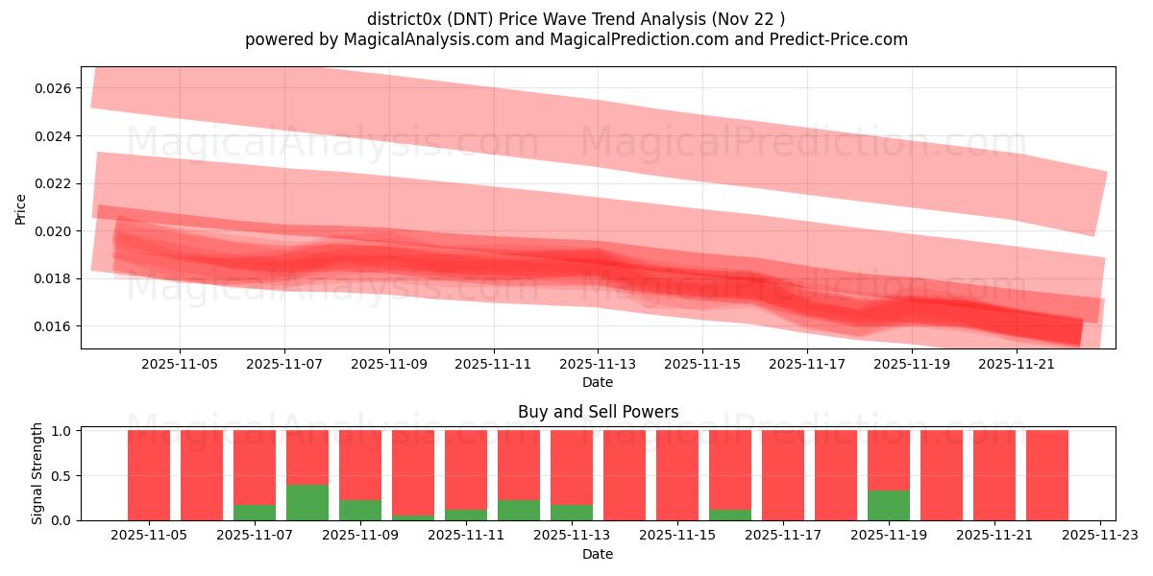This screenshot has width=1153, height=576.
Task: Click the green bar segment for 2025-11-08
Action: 307,502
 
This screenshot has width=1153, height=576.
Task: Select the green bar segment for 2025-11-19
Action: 889,505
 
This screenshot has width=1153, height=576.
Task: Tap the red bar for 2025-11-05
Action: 149,475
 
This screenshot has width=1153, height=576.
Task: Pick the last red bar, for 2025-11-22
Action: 1047,475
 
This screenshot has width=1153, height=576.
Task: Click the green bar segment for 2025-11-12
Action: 519,510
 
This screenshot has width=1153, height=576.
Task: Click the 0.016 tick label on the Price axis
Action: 52,326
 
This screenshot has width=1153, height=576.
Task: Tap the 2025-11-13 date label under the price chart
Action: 598,365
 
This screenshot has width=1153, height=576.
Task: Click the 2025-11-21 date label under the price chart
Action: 1017,365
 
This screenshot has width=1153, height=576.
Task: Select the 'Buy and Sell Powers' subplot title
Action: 598,412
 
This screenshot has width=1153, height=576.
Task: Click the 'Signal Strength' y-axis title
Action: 37,473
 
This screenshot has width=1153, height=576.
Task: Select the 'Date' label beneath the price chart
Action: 598,382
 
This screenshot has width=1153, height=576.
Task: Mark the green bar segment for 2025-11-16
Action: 730,515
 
